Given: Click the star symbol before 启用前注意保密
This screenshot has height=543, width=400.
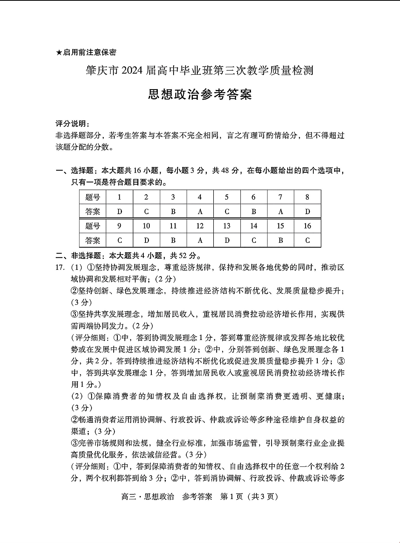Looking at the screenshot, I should click(59, 53).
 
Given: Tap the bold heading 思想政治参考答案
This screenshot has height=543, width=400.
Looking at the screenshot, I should click(200, 95).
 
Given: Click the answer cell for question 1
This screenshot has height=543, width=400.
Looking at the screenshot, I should click(120, 211).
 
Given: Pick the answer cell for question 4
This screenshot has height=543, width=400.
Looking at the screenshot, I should click(200, 211).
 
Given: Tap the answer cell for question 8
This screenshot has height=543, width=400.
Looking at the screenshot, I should click(307, 211).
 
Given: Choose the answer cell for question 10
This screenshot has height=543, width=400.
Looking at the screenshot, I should click(146, 240).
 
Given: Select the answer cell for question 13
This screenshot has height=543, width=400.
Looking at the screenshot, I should click(227, 240).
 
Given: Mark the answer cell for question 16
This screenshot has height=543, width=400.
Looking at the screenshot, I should click(307, 240).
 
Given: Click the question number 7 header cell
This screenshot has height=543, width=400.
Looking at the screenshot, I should click(280, 197).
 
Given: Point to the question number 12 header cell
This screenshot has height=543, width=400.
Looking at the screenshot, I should click(200, 226).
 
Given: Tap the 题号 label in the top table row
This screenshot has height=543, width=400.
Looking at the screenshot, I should click(93, 197).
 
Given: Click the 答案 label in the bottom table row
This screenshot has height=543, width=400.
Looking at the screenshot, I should click(93, 240).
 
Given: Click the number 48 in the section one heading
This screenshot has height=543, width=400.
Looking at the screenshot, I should click(225, 171).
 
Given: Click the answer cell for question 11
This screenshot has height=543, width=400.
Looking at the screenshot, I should click(173, 240).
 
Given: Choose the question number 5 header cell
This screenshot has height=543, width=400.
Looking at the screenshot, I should click(227, 197).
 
